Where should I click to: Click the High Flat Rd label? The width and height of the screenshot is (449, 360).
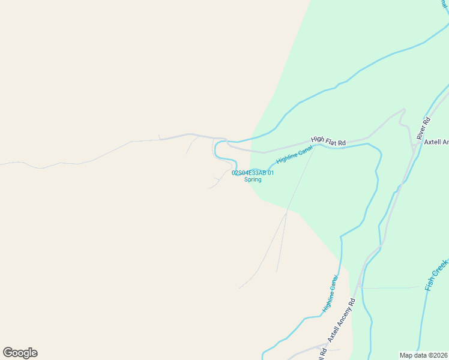(x=328, y=141)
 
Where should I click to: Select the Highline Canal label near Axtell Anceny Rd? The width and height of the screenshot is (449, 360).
(x=330, y=293)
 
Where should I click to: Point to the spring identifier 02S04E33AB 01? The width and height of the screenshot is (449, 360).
(x=253, y=173)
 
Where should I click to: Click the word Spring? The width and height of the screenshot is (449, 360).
(x=253, y=179)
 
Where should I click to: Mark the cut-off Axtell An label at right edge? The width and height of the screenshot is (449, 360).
(x=436, y=142)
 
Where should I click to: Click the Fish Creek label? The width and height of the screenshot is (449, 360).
(x=436, y=275)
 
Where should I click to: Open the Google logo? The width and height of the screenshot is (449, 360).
(x=20, y=353)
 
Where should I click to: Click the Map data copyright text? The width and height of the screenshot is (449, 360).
(x=424, y=355)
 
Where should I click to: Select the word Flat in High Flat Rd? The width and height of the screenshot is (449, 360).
(x=330, y=141)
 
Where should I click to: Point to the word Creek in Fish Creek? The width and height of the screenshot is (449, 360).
(x=441, y=268)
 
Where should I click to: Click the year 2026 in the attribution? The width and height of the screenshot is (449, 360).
(x=441, y=355)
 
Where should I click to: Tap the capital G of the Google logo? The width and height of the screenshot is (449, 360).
(x=8, y=353)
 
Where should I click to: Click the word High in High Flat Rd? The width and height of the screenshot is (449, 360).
(x=317, y=139)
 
